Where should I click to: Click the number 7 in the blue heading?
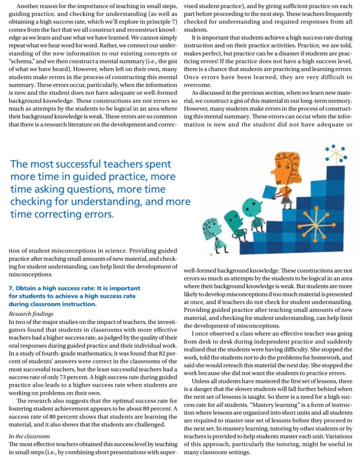pos(11,288)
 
